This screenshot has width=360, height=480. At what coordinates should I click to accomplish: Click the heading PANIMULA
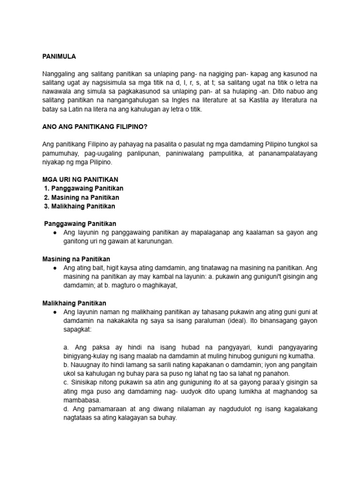59,56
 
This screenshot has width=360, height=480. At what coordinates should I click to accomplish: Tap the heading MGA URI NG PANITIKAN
80,180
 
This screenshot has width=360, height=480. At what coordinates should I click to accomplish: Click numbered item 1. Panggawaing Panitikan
83,188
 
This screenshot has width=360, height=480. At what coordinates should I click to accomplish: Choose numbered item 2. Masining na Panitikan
81,197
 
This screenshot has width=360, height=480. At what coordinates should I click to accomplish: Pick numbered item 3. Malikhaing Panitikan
80,206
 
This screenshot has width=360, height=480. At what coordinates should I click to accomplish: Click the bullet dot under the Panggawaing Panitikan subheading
55,233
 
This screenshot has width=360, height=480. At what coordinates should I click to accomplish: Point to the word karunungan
152,241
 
